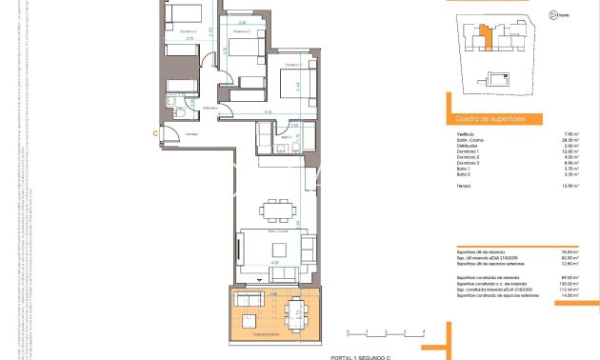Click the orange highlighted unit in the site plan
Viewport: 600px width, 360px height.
[x=486, y=39]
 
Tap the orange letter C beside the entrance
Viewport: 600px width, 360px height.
[x=155, y=134]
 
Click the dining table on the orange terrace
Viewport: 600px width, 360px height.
[x=296, y=310]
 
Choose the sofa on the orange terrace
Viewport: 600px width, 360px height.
[x=249, y=301]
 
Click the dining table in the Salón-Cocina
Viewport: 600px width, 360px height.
[x=279, y=208]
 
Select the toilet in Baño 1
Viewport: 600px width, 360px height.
[x=263, y=140]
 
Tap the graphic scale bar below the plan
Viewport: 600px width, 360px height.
[x=385, y=333]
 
